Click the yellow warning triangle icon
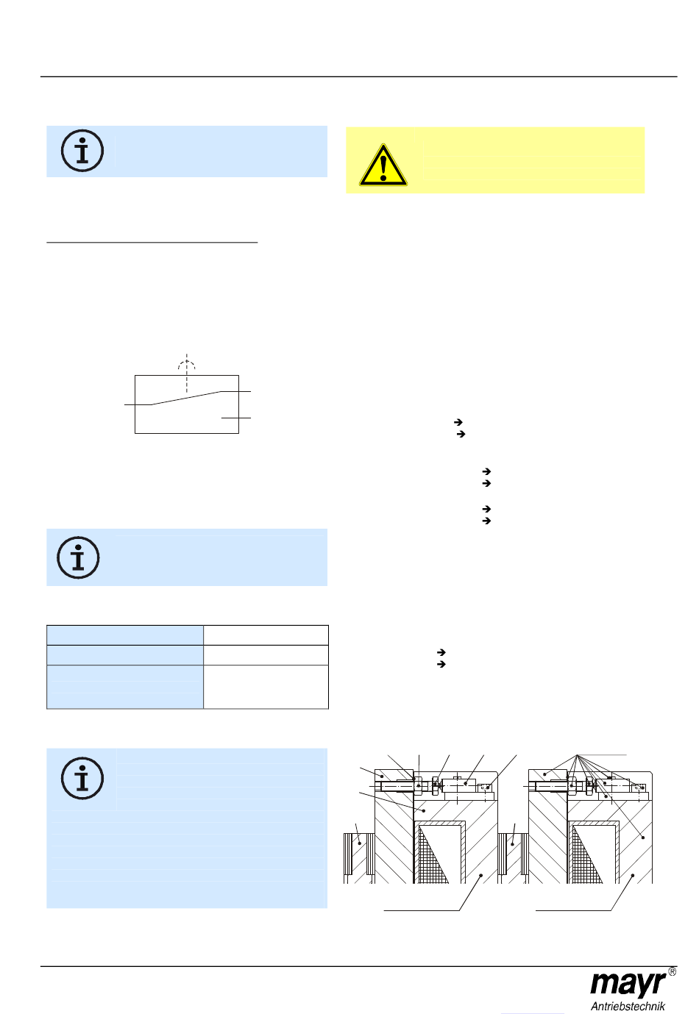pos(383,165)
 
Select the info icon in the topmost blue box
pos(82,151)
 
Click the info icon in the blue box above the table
pos(78,557)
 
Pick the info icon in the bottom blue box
pos(82,778)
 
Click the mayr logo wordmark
pos(628,983)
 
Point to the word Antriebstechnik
pos(628,1007)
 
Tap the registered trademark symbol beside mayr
pos(672,972)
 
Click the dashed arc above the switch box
pos(187,361)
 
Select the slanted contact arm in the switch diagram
pos(186,398)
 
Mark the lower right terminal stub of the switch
pos(236,418)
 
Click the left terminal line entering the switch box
pos(138,404)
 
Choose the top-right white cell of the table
pos(266,635)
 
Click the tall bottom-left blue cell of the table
pos(125,687)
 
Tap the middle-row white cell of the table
pos(266,655)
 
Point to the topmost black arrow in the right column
pos(458,422)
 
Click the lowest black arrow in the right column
pos(441,664)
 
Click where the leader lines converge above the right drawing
pos(577,755)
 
